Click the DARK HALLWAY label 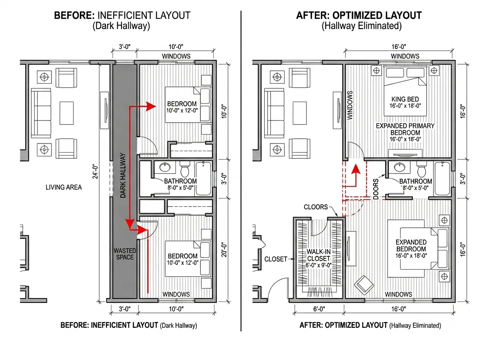[x=123, y=175]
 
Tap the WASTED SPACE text [x=125, y=254]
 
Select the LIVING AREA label [x=64, y=187]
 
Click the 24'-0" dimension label [x=95, y=171]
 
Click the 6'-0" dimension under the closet [x=319, y=309]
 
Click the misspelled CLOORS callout [x=316, y=207]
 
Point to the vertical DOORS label [x=376, y=189]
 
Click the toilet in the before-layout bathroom [x=185, y=169]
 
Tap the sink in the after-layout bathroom [x=400, y=168]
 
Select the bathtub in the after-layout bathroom [x=442, y=178]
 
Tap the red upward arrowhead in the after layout [x=356, y=169]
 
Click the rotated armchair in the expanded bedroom [x=364, y=285]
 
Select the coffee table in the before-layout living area [x=67, y=113]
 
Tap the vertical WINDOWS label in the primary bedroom [x=350, y=105]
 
